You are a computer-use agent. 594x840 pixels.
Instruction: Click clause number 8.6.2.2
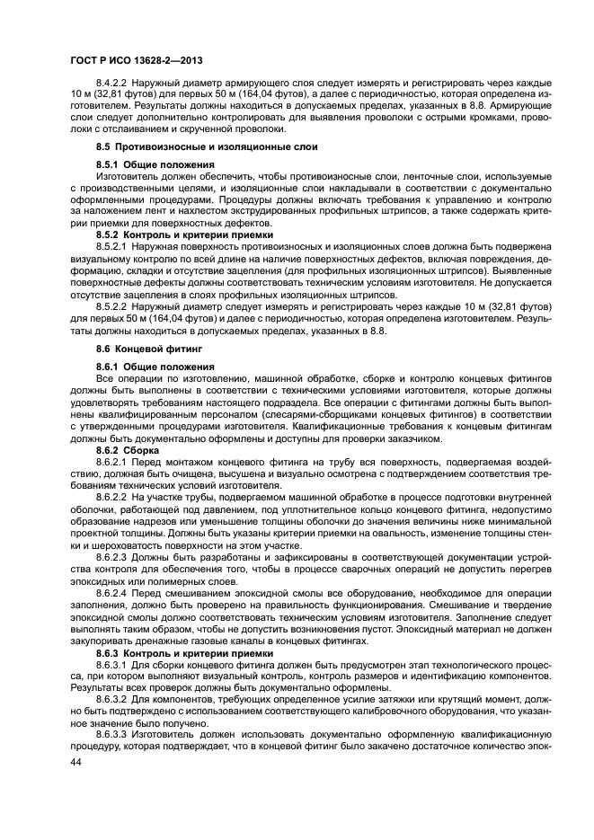(111, 495)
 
